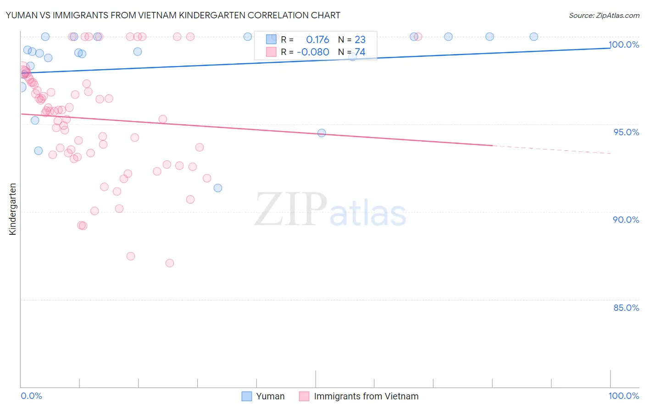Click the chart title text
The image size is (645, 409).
173,15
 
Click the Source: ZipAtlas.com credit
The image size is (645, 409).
604,15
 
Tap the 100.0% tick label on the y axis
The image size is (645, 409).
624,44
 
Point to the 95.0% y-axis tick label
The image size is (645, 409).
626,132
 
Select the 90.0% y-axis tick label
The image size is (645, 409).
626,220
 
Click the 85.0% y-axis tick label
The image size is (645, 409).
626,308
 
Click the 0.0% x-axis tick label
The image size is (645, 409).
31,396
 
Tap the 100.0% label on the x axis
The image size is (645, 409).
623,396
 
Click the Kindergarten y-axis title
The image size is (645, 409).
12,209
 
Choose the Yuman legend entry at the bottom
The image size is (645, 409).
263,396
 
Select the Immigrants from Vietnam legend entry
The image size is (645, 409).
359,396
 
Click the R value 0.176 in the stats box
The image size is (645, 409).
317,39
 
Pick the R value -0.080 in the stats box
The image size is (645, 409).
313,52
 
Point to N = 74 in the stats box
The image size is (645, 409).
351,52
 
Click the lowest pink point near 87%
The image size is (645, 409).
170,263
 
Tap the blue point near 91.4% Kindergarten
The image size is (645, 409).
218,188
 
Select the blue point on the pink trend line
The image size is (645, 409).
322,133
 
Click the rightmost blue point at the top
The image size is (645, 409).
534,37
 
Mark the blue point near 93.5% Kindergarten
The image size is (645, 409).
39,151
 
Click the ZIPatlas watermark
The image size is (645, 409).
330,210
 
